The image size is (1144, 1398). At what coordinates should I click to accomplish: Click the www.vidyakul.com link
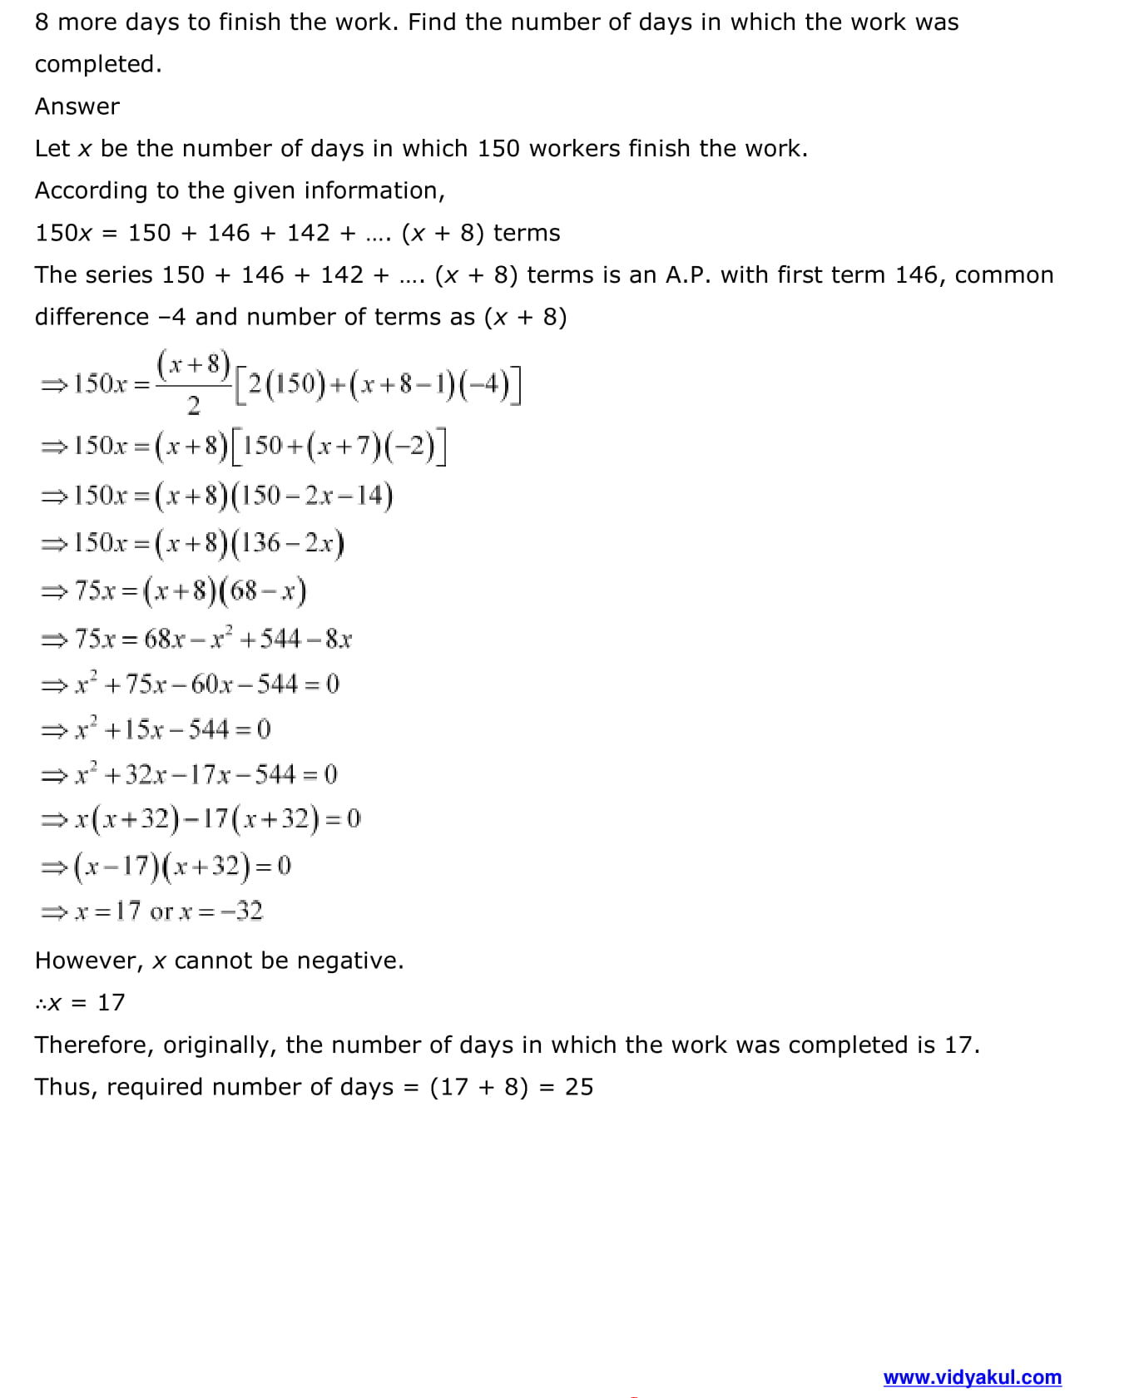pyautogui.click(x=972, y=1377)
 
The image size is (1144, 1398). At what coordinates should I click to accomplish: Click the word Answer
pyautogui.click(x=77, y=106)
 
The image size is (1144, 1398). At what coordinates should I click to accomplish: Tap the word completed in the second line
pyautogui.click(x=97, y=64)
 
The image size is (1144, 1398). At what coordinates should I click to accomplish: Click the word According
pyautogui.click(x=91, y=190)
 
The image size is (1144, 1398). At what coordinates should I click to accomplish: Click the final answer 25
pyautogui.click(x=579, y=1087)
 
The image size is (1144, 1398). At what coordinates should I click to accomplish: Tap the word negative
pyautogui.click(x=349, y=961)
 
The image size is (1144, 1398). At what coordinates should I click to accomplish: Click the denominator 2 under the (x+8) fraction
pyautogui.click(x=193, y=406)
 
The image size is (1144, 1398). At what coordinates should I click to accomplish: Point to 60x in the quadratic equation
pyautogui.click(x=211, y=684)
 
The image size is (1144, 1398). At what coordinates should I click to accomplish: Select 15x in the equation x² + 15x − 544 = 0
pyautogui.click(x=144, y=729)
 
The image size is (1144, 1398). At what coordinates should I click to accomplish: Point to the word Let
pyautogui.click(x=52, y=148)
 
